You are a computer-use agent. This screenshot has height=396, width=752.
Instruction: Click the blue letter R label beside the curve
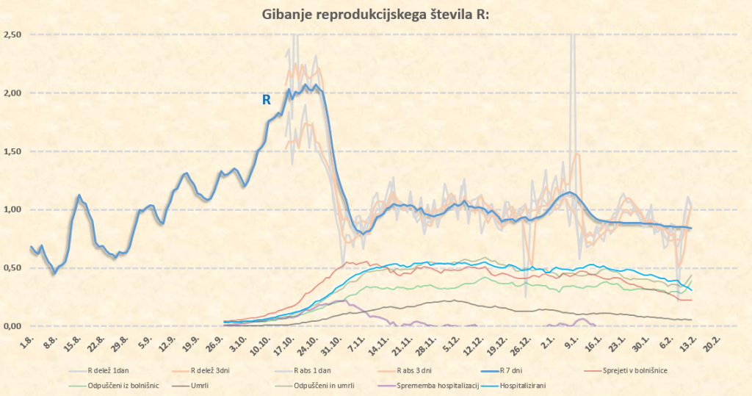click(x=267, y=100)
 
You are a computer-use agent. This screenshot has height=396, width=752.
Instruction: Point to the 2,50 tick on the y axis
click(x=12, y=35)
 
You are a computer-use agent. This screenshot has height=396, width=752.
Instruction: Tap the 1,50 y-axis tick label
click(x=12, y=151)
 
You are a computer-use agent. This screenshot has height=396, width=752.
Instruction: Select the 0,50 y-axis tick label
click(x=12, y=268)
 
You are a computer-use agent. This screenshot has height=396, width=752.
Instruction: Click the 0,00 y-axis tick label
click(x=12, y=326)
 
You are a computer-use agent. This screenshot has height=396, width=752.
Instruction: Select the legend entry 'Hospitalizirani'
click(x=523, y=385)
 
